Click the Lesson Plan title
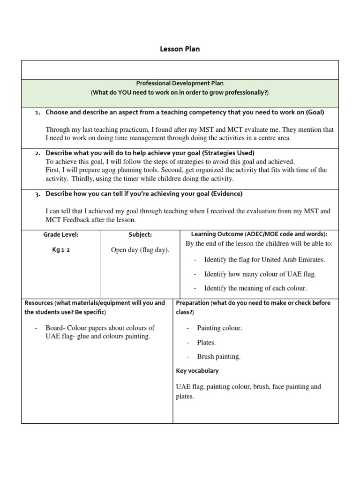click(x=180, y=49)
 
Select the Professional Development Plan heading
click(x=180, y=83)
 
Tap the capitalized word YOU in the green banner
click(x=126, y=93)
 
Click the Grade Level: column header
click(x=61, y=234)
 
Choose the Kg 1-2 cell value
click(x=61, y=250)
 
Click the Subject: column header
click(x=140, y=234)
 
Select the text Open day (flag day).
click(x=140, y=250)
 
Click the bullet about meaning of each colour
click(x=255, y=288)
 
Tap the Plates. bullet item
click(x=206, y=343)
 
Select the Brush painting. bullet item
click(x=218, y=357)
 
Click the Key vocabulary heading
click(x=197, y=371)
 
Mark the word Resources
click(x=38, y=303)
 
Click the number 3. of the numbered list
click(x=37, y=194)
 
